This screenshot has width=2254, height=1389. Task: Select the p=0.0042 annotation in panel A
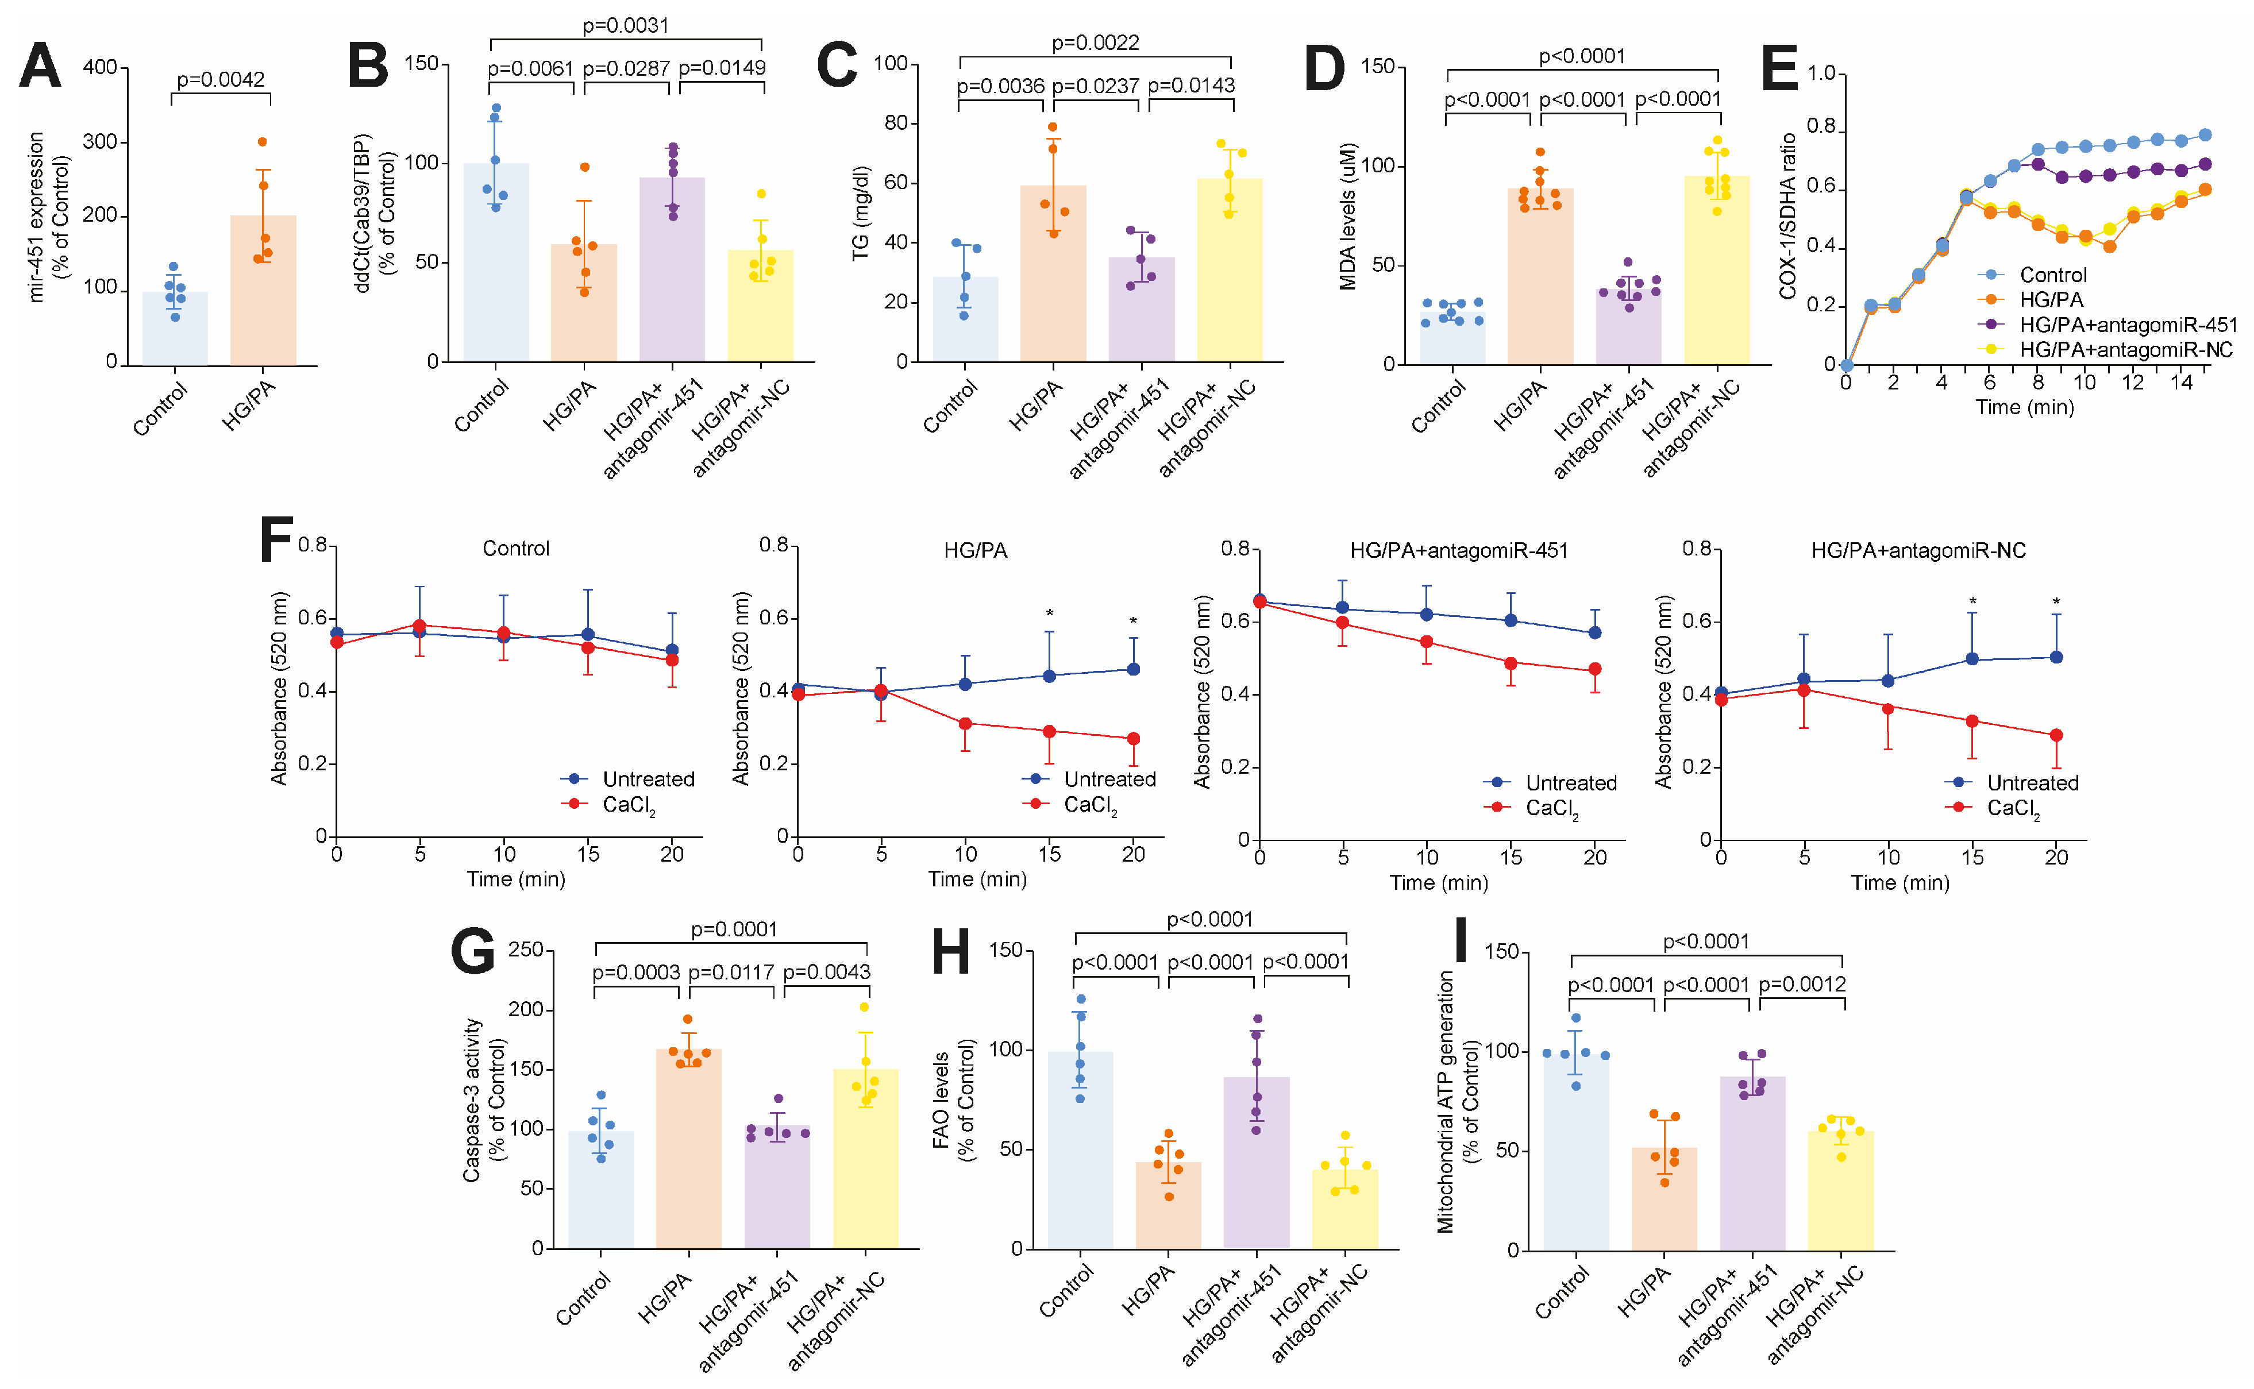[x=221, y=80]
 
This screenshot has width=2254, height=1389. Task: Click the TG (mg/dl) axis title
[x=860, y=213]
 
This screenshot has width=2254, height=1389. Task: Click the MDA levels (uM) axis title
[x=1348, y=217]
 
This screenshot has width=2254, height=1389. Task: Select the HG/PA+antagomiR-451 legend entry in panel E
[x=2127, y=325]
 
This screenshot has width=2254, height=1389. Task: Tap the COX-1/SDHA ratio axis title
[x=1787, y=217]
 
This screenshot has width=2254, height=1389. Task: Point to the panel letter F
[x=276, y=539]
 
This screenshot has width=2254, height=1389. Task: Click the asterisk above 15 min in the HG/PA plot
[x=1049, y=614]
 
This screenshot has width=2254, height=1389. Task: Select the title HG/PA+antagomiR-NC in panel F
[x=1918, y=550]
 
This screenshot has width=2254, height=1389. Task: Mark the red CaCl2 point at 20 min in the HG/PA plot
[x=1133, y=739]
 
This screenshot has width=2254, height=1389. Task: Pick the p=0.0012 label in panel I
[x=1801, y=985]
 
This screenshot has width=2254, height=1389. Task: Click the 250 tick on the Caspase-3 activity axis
[x=526, y=950]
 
